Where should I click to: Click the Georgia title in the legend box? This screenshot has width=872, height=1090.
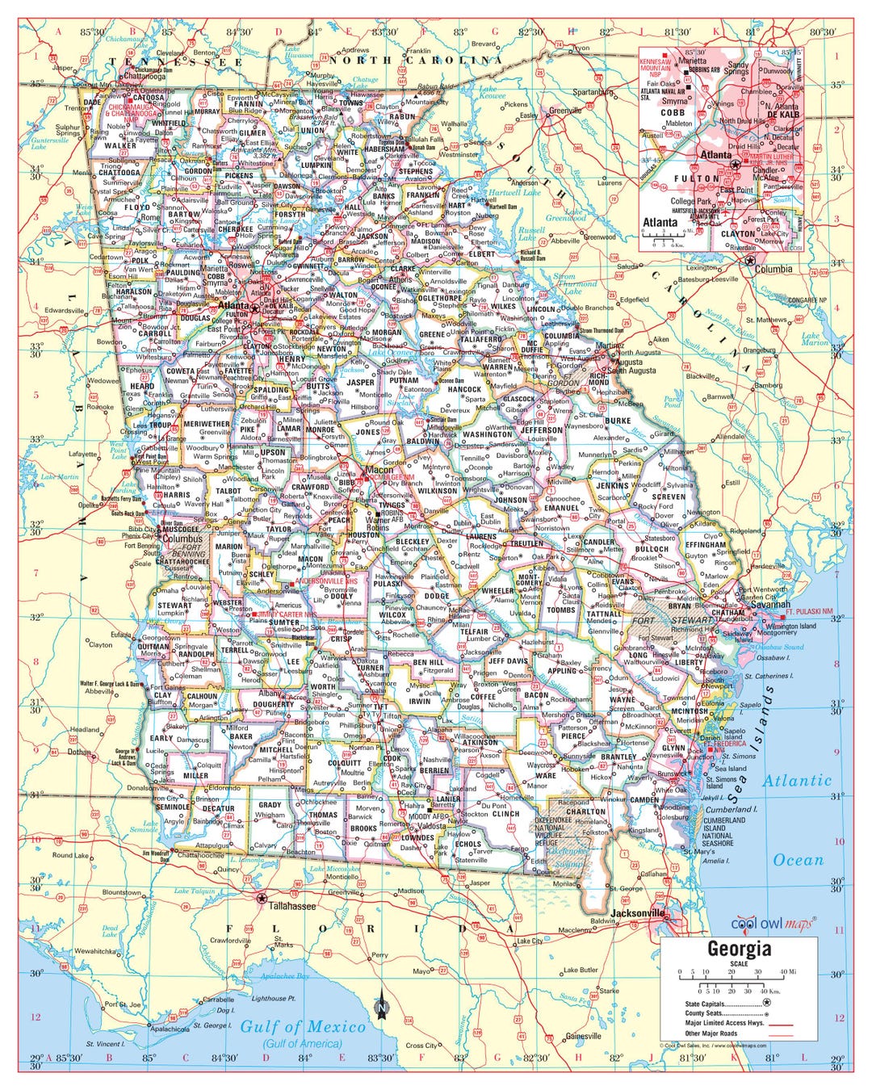click(739, 949)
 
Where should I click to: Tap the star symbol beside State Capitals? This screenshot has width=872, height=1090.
click(766, 1002)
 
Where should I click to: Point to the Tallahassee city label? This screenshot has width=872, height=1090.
click(291, 906)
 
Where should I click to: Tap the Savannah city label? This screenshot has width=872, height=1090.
click(769, 604)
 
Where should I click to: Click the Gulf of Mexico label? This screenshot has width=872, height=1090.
click(303, 1026)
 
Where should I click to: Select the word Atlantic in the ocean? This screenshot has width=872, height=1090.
click(796, 781)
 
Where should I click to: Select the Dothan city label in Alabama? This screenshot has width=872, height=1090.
click(78, 753)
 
